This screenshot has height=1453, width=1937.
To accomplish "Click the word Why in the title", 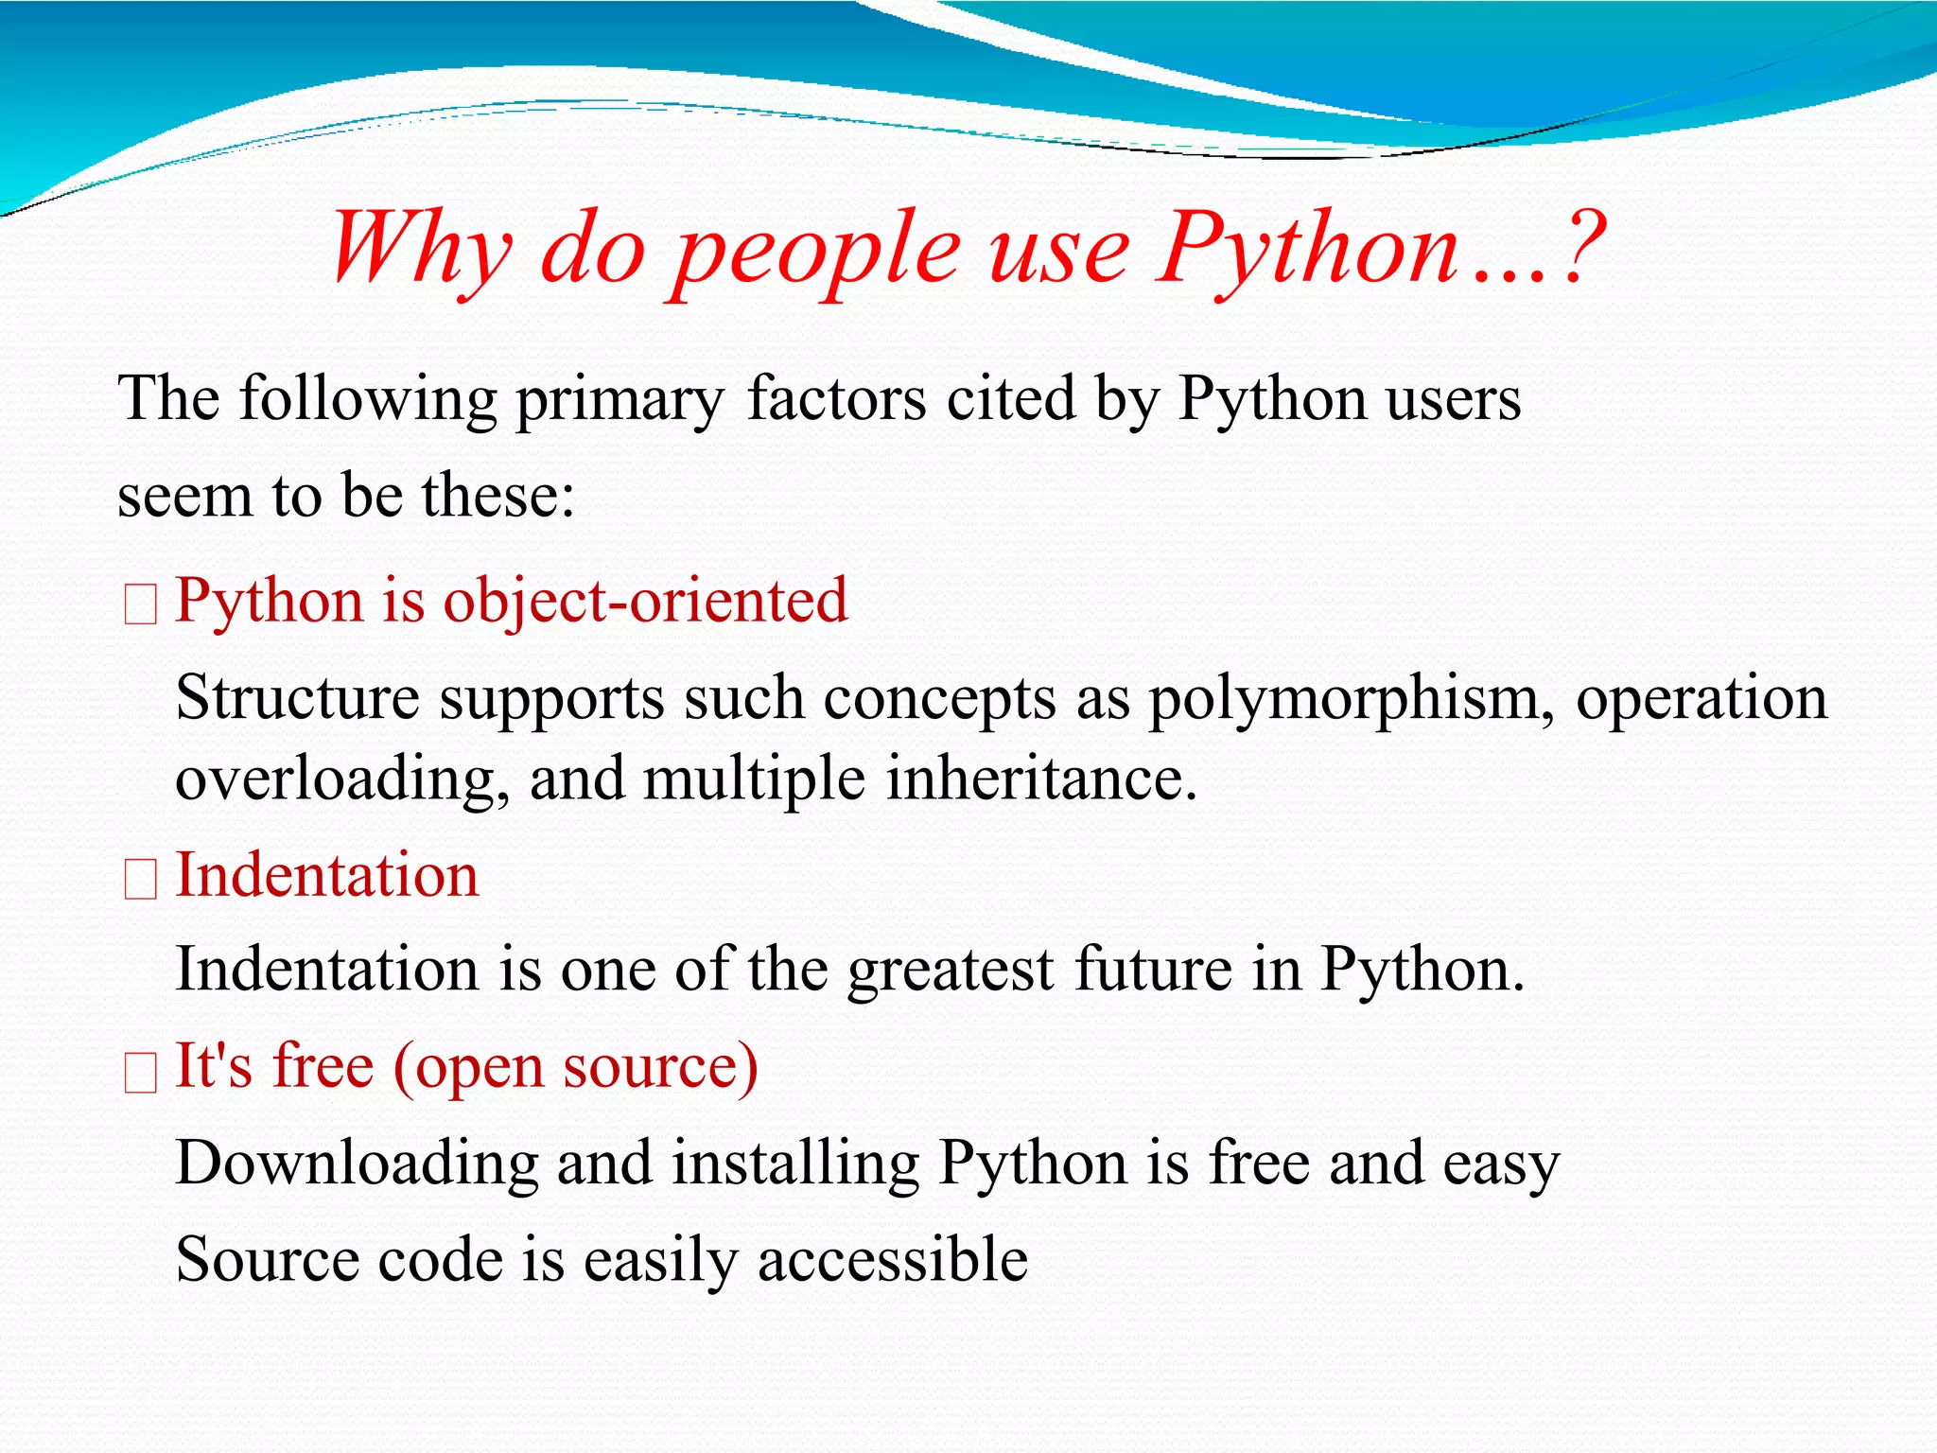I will [421, 248].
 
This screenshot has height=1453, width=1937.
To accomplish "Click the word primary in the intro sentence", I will [619, 399].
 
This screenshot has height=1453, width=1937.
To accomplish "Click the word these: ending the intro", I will [498, 495].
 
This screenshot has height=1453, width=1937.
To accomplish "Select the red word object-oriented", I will [645, 602].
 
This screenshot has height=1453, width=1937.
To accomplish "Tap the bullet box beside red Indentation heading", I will [141, 880].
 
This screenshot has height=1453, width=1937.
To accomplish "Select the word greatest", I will [950, 971].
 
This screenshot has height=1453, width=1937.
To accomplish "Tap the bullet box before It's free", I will [141, 1073].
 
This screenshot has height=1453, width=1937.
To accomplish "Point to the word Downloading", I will [357, 1164].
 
